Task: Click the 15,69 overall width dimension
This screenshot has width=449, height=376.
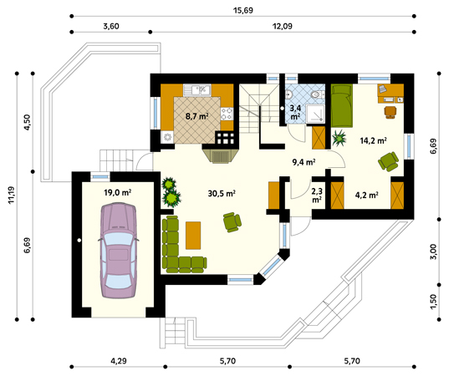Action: pos(243,11)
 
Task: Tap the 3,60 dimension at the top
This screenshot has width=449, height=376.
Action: pos(111,27)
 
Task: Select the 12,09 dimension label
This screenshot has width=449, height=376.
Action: pos(283,27)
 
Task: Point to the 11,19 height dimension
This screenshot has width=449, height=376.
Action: pos(11,195)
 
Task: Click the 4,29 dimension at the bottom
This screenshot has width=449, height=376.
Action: pos(119,361)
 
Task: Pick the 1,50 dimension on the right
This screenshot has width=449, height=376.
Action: pos(434,302)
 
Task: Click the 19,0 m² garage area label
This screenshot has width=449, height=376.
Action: pos(117,192)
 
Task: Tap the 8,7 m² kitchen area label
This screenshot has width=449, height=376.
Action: pos(196,116)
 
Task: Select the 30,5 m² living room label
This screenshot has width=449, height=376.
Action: pos(222,194)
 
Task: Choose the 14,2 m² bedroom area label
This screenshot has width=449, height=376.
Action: pos(374,140)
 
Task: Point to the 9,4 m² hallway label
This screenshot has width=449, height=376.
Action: pos(304,163)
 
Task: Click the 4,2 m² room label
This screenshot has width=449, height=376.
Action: pos(367,196)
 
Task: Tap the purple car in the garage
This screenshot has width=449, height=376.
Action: pos(118,251)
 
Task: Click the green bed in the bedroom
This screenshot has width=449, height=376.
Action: pos(342,105)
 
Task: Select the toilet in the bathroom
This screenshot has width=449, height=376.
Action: pos(317,94)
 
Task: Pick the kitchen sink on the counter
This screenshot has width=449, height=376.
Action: pos(197,90)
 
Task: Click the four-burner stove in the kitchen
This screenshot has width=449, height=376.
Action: pos(227,114)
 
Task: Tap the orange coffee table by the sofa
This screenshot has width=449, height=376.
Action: pos(193,236)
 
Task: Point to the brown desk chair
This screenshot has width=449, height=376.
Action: pos(390,112)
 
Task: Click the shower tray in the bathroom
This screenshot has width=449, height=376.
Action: pos(315,114)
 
